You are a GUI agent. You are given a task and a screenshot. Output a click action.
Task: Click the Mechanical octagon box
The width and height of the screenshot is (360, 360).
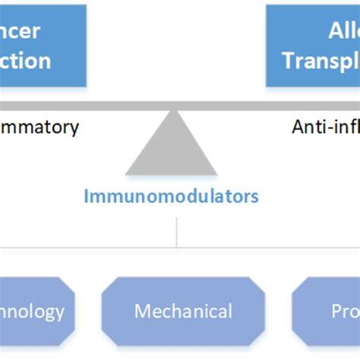click(x=182, y=311)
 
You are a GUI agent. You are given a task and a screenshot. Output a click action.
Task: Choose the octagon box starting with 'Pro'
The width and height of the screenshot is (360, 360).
click(x=327, y=311)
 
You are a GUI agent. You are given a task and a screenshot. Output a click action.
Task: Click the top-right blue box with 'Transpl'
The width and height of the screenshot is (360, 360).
click(x=312, y=46)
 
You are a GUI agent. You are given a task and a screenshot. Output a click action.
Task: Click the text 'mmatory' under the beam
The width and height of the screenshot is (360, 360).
click(x=39, y=127)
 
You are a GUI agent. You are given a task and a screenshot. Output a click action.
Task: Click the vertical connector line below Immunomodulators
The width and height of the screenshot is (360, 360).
click(x=177, y=232)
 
